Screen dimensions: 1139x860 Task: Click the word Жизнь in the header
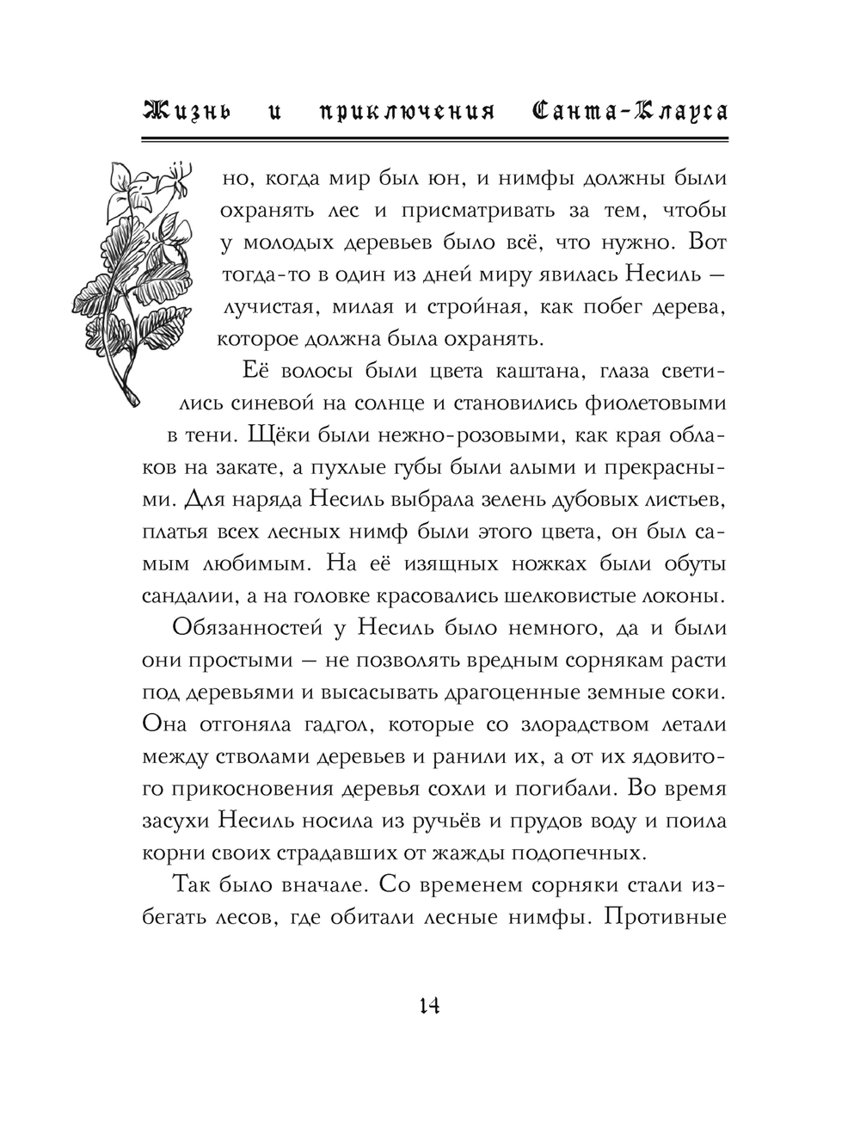(x=187, y=112)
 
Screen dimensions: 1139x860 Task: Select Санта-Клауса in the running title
(x=625, y=112)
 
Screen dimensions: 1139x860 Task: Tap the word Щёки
(x=269, y=435)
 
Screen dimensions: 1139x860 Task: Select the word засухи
(x=172, y=821)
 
